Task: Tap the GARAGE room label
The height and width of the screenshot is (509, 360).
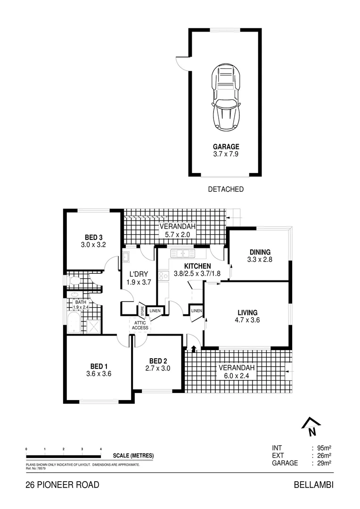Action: click(x=226, y=147)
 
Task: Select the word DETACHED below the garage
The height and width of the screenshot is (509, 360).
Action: click(x=226, y=189)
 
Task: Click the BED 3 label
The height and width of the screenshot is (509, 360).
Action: click(x=94, y=237)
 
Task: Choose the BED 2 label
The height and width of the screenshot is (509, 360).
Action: click(x=157, y=361)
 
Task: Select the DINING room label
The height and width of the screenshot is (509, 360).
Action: click(x=260, y=252)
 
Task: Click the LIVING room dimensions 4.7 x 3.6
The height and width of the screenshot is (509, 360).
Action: click(x=247, y=320)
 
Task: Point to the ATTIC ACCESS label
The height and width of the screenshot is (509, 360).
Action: click(x=140, y=325)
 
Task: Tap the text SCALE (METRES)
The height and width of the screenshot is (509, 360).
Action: click(x=133, y=456)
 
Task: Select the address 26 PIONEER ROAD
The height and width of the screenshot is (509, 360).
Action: click(x=62, y=485)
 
